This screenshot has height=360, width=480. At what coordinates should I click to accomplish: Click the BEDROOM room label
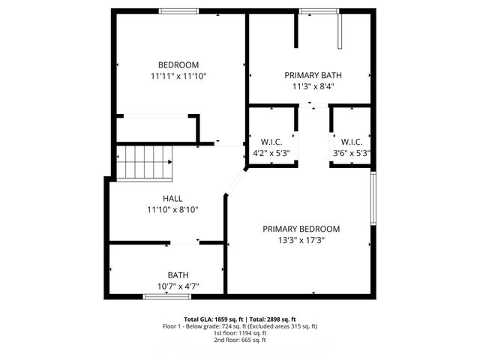178,64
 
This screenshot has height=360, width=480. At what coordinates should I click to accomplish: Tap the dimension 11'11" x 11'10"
178,76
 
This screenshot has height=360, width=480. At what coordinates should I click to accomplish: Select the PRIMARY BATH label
313,75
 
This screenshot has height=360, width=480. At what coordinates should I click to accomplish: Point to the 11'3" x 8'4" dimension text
313,86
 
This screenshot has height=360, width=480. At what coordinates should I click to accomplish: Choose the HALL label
172,199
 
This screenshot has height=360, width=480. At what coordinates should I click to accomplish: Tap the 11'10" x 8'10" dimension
172,210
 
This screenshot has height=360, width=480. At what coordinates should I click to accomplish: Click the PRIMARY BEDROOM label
301,229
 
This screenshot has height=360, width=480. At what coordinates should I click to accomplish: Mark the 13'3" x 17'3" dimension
301,240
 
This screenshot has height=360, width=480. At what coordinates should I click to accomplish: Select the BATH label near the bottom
178,274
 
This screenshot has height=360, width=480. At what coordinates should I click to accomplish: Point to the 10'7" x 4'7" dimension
178,286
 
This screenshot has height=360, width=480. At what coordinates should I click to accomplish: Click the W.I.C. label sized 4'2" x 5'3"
271,142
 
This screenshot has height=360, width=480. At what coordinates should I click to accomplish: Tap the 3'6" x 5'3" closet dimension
352,153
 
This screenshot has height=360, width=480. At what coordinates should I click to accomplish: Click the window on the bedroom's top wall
178,10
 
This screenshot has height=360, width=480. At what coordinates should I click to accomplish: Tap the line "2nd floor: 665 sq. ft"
240,340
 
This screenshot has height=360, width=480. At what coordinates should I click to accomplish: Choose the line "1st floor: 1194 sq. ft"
240,333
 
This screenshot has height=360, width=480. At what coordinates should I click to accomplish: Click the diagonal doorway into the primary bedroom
236,182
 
